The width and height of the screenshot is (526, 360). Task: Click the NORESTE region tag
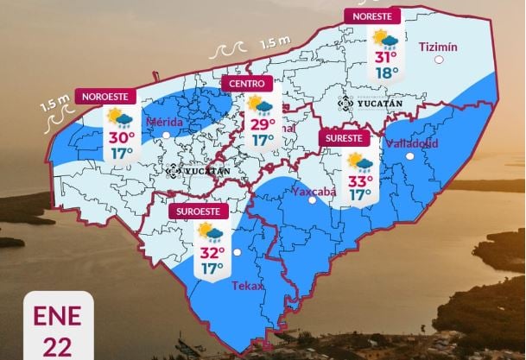click(x=373, y=16)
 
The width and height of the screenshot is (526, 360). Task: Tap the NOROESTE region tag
click(x=108, y=96)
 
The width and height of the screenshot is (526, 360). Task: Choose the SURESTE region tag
click(x=345, y=138)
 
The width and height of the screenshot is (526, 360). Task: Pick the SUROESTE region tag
click(x=197, y=211)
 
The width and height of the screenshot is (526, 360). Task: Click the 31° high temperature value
click(x=385, y=58)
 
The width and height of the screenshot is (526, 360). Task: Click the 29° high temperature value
click(x=262, y=123)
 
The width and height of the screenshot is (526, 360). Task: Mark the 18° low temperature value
click(x=386, y=73)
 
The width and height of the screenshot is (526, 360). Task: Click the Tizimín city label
click(x=437, y=47)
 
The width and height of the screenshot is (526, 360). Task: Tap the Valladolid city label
click(x=412, y=142)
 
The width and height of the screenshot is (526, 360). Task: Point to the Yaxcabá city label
click(x=312, y=191)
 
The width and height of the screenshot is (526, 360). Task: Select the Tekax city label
click(x=248, y=285)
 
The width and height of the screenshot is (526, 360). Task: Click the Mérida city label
click(x=164, y=123)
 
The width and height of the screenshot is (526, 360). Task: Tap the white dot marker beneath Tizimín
click(x=440, y=60)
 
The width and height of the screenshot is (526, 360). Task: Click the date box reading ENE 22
click(x=57, y=329)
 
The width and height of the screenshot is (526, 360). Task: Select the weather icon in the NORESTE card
click(x=385, y=40)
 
